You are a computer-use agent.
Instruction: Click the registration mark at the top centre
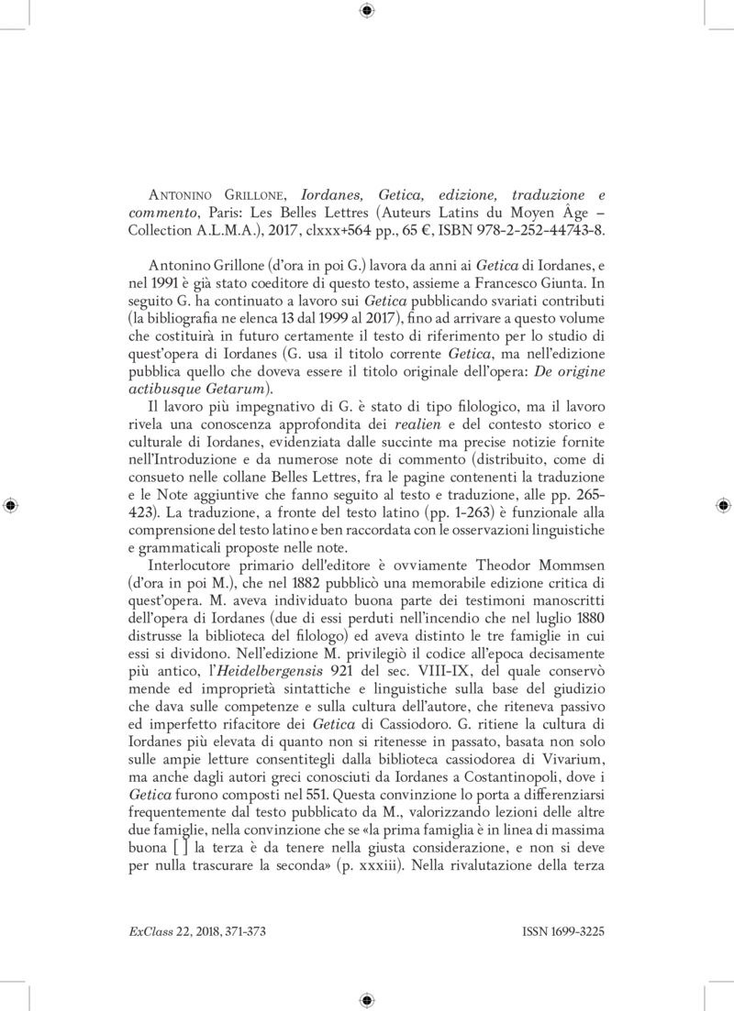(x=367, y=12)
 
